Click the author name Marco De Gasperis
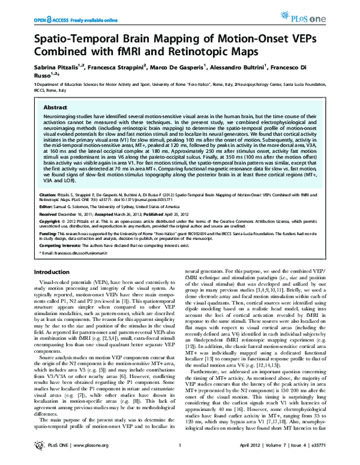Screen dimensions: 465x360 click(178, 71)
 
